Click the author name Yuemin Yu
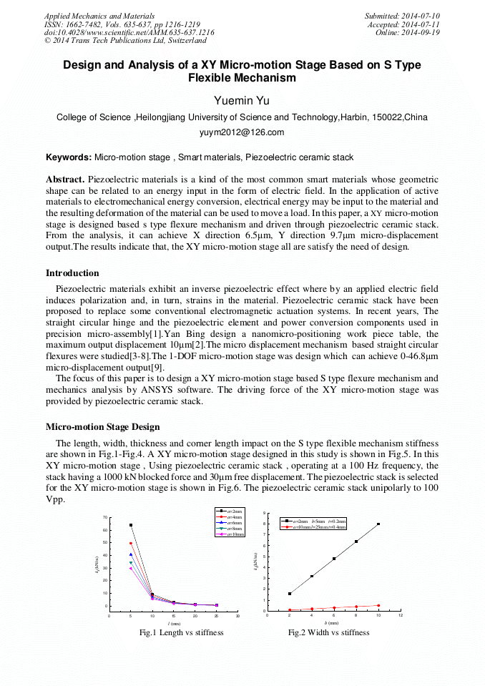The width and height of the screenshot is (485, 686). click(242, 99)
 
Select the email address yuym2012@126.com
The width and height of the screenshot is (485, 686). click(242, 132)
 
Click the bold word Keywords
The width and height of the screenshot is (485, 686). click(68, 157)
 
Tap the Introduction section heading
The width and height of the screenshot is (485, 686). click(72, 273)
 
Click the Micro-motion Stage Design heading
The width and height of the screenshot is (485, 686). click(102, 427)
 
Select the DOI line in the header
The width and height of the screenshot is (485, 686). click(129, 33)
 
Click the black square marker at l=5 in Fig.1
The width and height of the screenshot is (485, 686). click(131, 525)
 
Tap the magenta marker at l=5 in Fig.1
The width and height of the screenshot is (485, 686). click(131, 569)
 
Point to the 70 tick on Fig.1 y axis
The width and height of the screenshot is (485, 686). click(104, 517)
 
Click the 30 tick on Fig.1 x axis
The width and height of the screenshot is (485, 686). click(237, 615)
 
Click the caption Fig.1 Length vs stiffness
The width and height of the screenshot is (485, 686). click(182, 632)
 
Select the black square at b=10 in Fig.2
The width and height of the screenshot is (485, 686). click(378, 524)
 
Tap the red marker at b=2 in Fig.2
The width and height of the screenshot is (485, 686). click(290, 610)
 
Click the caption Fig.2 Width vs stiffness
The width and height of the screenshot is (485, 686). click(329, 632)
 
